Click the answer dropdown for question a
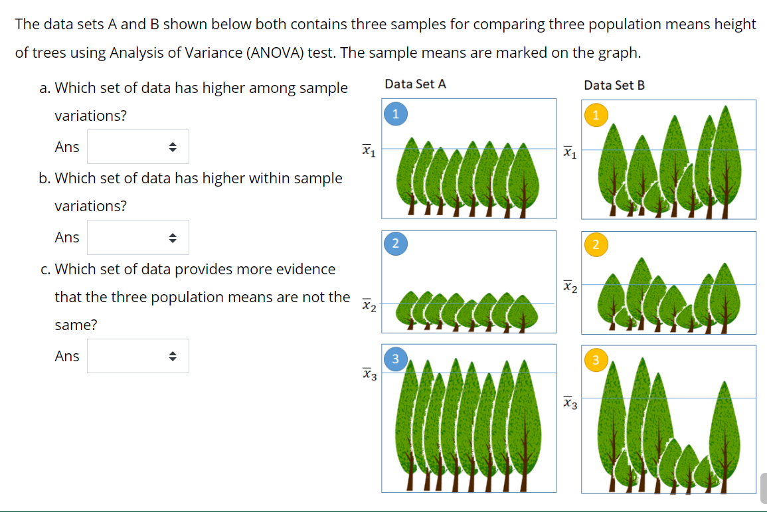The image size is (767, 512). pyautogui.click(x=137, y=147)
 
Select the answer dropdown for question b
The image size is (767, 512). pyautogui.click(x=137, y=237)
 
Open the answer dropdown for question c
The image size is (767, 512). pyautogui.click(x=137, y=356)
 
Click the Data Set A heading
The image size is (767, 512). pyautogui.click(x=415, y=84)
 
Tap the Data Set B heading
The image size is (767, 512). pyautogui.click(x=614, y=85)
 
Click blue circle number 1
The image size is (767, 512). pyautogui.click(x=395, y=114)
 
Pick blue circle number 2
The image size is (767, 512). pyautogui.click(x=395, y=244)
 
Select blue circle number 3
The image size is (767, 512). pyautogui.click(x=395, y=360)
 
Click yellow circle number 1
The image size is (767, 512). pyautogui.click(x=596, y=115)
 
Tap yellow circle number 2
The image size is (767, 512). pyautogui.click(x=596, y=245)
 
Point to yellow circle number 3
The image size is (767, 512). pyautogui.click(x=596, y=361)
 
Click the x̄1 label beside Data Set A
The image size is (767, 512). pyautogui.click(x=369, y=151)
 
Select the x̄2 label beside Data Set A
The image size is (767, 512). pyautogui.click(x=369, y=306)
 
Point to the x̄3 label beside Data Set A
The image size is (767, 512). pyautogui.click(x=369, y=375)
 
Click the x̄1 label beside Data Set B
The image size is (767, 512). pyautogui.click(x=569, y=153)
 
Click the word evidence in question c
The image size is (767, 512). pyautogui.click(x=302, y=269)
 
